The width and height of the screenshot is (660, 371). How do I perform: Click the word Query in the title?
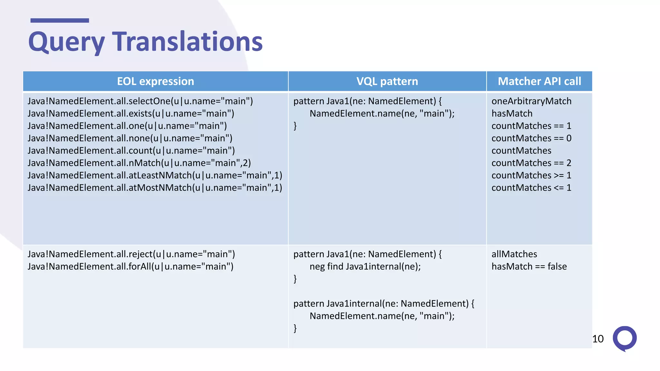point(66,42)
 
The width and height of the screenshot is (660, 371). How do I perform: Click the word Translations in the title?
point(187,42)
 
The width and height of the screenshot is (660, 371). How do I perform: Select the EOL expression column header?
point(155,81)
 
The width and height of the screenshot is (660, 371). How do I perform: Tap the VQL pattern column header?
point(387,81)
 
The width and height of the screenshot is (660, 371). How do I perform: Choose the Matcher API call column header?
point(539,81)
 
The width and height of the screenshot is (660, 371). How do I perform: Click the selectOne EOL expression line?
point(140,101)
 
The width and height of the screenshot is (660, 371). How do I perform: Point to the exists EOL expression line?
point(131,113)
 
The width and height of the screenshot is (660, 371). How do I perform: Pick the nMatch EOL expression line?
point(139,163)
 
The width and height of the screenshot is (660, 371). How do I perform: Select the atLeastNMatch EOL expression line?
point(155,175)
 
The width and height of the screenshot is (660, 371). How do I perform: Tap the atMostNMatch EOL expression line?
point(155,188)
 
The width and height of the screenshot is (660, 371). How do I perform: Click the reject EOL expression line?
point(131,254)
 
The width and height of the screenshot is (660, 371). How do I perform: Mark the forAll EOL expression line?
point(131,267)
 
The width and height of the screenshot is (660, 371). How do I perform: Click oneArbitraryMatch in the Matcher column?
point(531,101)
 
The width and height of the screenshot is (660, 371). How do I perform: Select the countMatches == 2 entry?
point(531,163)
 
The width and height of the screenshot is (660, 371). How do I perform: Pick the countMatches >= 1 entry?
point(531,175)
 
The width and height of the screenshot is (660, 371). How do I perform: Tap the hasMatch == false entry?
point(529,267)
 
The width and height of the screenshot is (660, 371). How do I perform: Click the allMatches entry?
point(514,254)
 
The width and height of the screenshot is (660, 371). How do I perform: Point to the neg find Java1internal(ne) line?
point(365,267)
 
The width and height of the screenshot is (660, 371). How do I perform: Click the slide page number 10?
point(598,339)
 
